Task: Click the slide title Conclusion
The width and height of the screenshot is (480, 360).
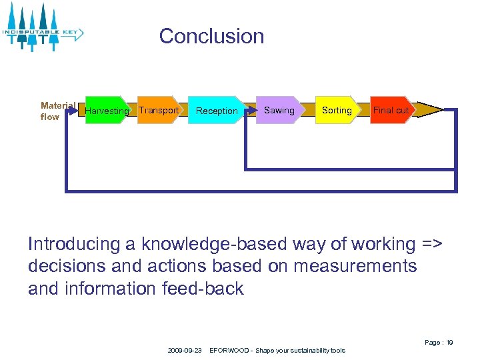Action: pos(211,36)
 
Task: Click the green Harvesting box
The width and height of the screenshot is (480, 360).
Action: pos(107,111)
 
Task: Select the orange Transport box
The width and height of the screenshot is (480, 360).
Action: pos(159,110)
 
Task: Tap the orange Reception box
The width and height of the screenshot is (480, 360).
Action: pos(217,111)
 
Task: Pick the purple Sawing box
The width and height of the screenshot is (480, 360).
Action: pos(279,110)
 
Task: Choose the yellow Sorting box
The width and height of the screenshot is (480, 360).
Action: pos(337,110)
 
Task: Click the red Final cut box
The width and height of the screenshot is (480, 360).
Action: pos(391,110)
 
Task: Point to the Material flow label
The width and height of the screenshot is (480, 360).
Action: pos(58,111)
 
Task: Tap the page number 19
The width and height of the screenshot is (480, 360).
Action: pos(449,342)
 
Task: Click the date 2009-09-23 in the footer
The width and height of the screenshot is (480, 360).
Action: pos(185,350)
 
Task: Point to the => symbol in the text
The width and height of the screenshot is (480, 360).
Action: pos(432,245)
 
